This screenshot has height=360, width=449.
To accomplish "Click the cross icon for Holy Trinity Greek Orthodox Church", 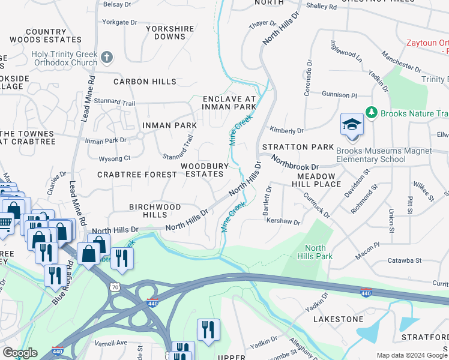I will (107, 58).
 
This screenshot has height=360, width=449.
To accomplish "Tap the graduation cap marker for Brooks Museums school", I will (352, 125).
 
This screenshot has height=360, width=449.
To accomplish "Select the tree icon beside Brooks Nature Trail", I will (372, 113).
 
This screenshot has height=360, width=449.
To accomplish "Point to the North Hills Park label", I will (315, 252).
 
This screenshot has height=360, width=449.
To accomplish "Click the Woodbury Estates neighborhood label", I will (205, 170).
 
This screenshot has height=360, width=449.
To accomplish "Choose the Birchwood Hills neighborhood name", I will (155, 211).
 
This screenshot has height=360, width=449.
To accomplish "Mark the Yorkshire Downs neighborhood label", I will (166, 32).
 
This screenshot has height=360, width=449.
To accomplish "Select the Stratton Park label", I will (296, 147).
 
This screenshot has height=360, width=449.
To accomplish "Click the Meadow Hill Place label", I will (319, 180).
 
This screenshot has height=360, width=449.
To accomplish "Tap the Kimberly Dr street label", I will (286, 130).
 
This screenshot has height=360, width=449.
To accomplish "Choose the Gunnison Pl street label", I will (339, 95).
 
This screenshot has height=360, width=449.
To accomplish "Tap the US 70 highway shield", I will (124, 287).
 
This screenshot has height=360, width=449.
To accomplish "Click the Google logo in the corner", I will (19, 353).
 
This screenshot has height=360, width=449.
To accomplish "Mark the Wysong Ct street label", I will (114, 158).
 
